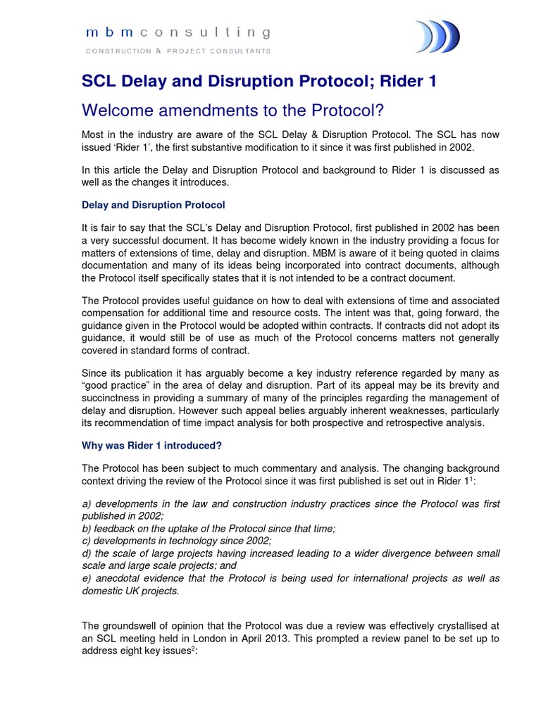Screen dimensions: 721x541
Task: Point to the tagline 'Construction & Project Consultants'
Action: coord(178,51)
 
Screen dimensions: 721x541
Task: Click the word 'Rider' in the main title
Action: coord(395,82)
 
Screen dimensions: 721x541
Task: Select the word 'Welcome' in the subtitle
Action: coord(116,111)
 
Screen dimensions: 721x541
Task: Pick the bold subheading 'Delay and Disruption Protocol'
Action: coord(154,205)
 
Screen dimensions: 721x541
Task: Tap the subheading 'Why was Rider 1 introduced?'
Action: coord(152,446)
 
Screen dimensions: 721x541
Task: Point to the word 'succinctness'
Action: coord(114,398)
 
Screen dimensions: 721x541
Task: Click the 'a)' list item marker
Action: coord(87,505)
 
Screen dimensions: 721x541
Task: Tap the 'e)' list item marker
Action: coord(87,578)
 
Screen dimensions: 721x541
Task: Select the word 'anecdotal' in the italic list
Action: coord(120,578)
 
